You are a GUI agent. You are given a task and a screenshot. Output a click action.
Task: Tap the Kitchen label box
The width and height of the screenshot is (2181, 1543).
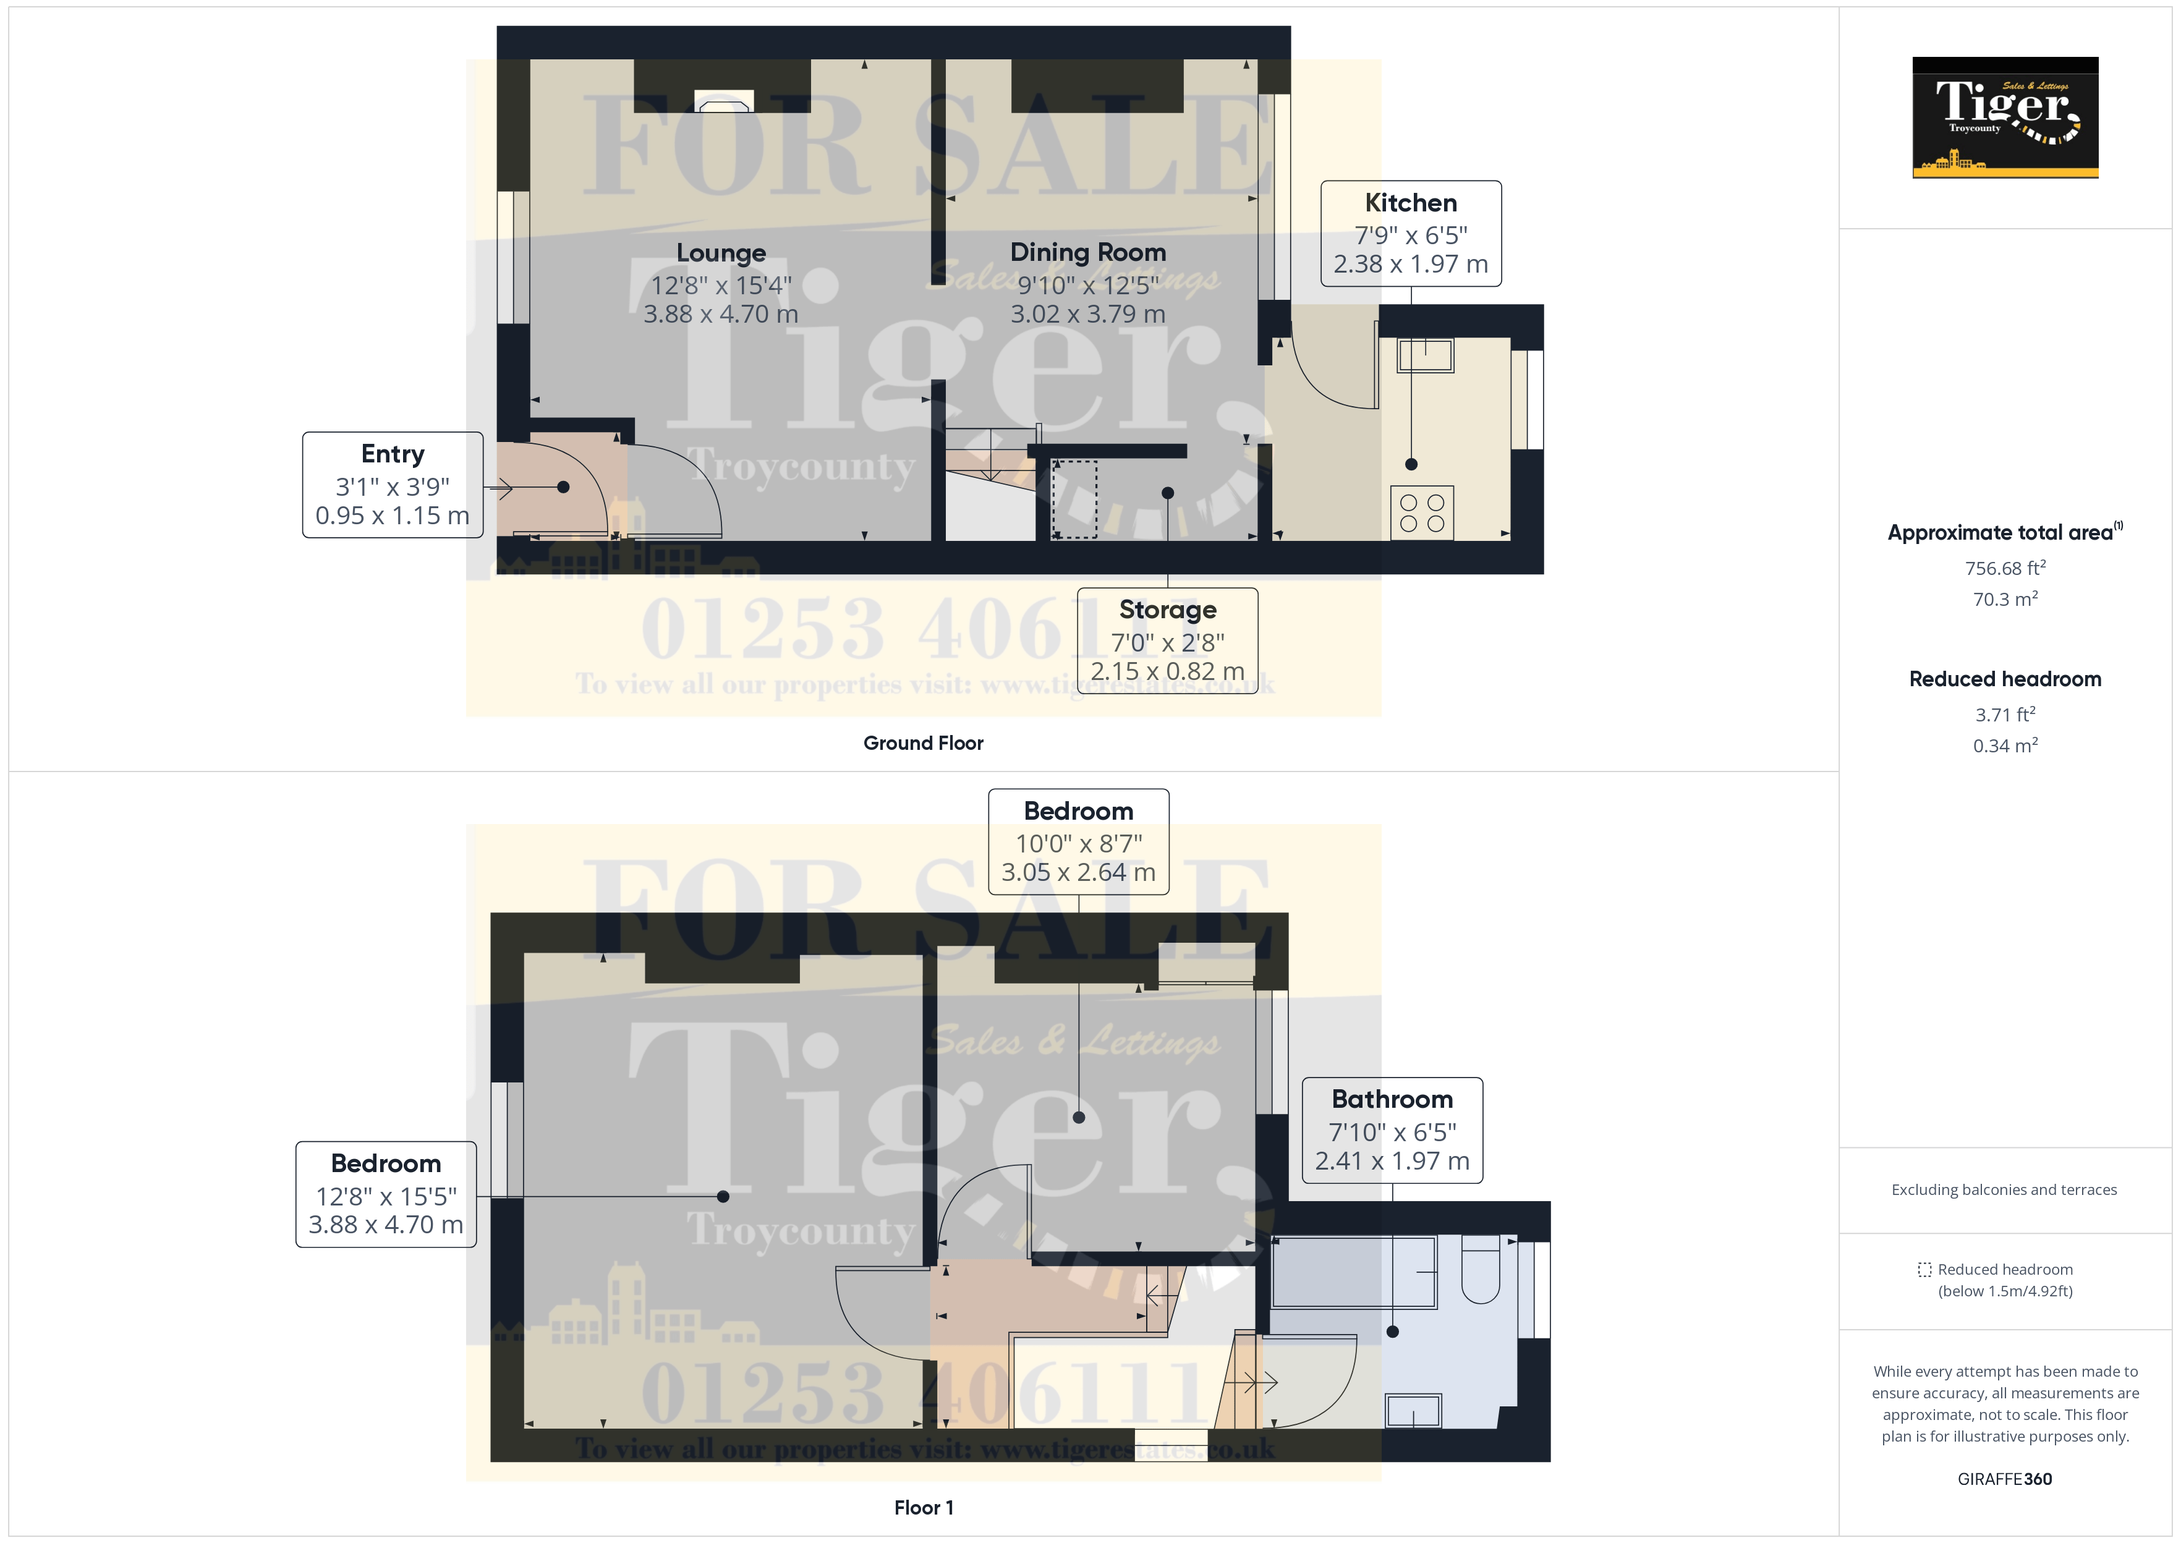[x=1411, y=234]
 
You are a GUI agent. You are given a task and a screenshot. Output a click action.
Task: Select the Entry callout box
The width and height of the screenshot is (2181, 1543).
[x=393, y=485]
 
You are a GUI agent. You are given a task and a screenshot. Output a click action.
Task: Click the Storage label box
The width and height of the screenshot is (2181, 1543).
[x=1167, y=640]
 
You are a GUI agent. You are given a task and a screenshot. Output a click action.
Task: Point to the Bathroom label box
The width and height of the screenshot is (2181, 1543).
[x=1392, y=1129]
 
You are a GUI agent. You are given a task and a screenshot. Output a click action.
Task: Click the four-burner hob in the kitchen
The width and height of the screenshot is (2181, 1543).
[x=1422, y=513]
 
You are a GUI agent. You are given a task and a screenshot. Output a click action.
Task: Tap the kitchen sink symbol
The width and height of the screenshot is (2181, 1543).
[x=1425, y=355]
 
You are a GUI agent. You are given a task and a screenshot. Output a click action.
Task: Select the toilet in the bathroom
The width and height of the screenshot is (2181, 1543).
[x=1480, y=1269]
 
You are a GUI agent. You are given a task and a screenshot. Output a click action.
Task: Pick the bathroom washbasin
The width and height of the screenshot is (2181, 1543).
[x=1413, y=1411]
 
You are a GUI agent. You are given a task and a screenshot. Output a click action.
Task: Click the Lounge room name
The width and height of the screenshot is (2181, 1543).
[x=721, y=253]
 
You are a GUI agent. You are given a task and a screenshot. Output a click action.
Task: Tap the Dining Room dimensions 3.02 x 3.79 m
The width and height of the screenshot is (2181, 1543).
[x=1087, y=313]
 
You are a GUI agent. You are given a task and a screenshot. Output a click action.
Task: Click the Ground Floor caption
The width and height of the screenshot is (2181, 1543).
[x=922, y=743]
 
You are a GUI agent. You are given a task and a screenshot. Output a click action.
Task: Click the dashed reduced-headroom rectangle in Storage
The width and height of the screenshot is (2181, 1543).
[x=1074, y=499]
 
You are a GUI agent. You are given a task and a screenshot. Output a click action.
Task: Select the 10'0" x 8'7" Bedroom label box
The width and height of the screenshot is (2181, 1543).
[x=1078, y=842]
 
